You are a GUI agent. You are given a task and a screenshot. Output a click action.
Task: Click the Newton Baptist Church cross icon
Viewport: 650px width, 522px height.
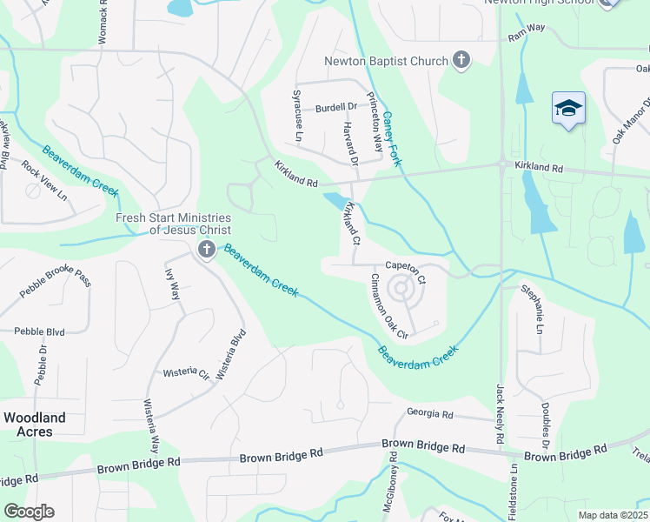[x=461, y=61]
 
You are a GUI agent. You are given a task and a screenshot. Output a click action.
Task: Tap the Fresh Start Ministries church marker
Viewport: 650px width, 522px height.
[x=206, y=251]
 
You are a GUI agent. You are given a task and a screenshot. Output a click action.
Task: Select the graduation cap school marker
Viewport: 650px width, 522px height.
[x=568, y=109]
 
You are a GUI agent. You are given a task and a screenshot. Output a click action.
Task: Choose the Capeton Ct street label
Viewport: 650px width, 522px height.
[x=406, y=274]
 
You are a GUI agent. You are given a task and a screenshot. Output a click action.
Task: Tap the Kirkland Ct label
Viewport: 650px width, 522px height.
[x=352, y=222]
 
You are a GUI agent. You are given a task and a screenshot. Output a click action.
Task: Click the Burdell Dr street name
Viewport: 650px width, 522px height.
[x=336, y=108]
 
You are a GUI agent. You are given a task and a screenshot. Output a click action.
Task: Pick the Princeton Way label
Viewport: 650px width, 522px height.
[x=374, y=122]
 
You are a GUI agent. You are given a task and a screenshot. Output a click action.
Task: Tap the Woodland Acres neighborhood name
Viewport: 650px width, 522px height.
[x=34, y=425]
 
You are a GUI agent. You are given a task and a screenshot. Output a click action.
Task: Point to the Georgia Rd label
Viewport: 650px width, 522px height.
[x=430, y=415]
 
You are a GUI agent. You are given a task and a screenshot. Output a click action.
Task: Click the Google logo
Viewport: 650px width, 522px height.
[x=29, y=512]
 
